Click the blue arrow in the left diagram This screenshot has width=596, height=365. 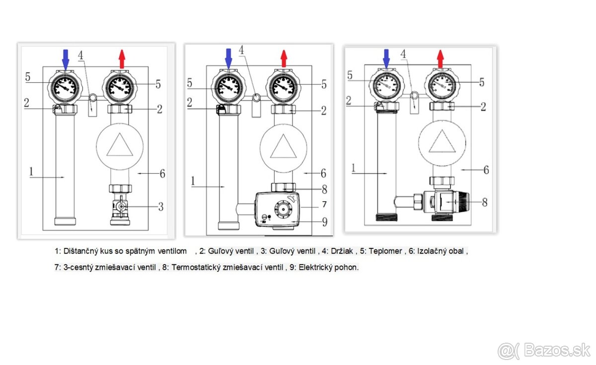tap(66, 60)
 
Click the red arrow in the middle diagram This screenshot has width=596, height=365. tap(284, 59)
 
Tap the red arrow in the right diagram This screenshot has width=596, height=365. tap(441, 59)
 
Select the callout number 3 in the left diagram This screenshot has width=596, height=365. tap(161, 207)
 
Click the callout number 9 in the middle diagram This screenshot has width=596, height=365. tap(325, 222)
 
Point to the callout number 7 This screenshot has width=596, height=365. tap(324, 204)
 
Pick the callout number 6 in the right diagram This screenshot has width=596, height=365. tap(486, 170)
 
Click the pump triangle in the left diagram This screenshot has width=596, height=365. tap(120, 144)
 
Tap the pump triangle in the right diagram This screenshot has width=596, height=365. tap(442, 141)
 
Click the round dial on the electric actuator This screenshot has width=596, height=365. tap(283, 209)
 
